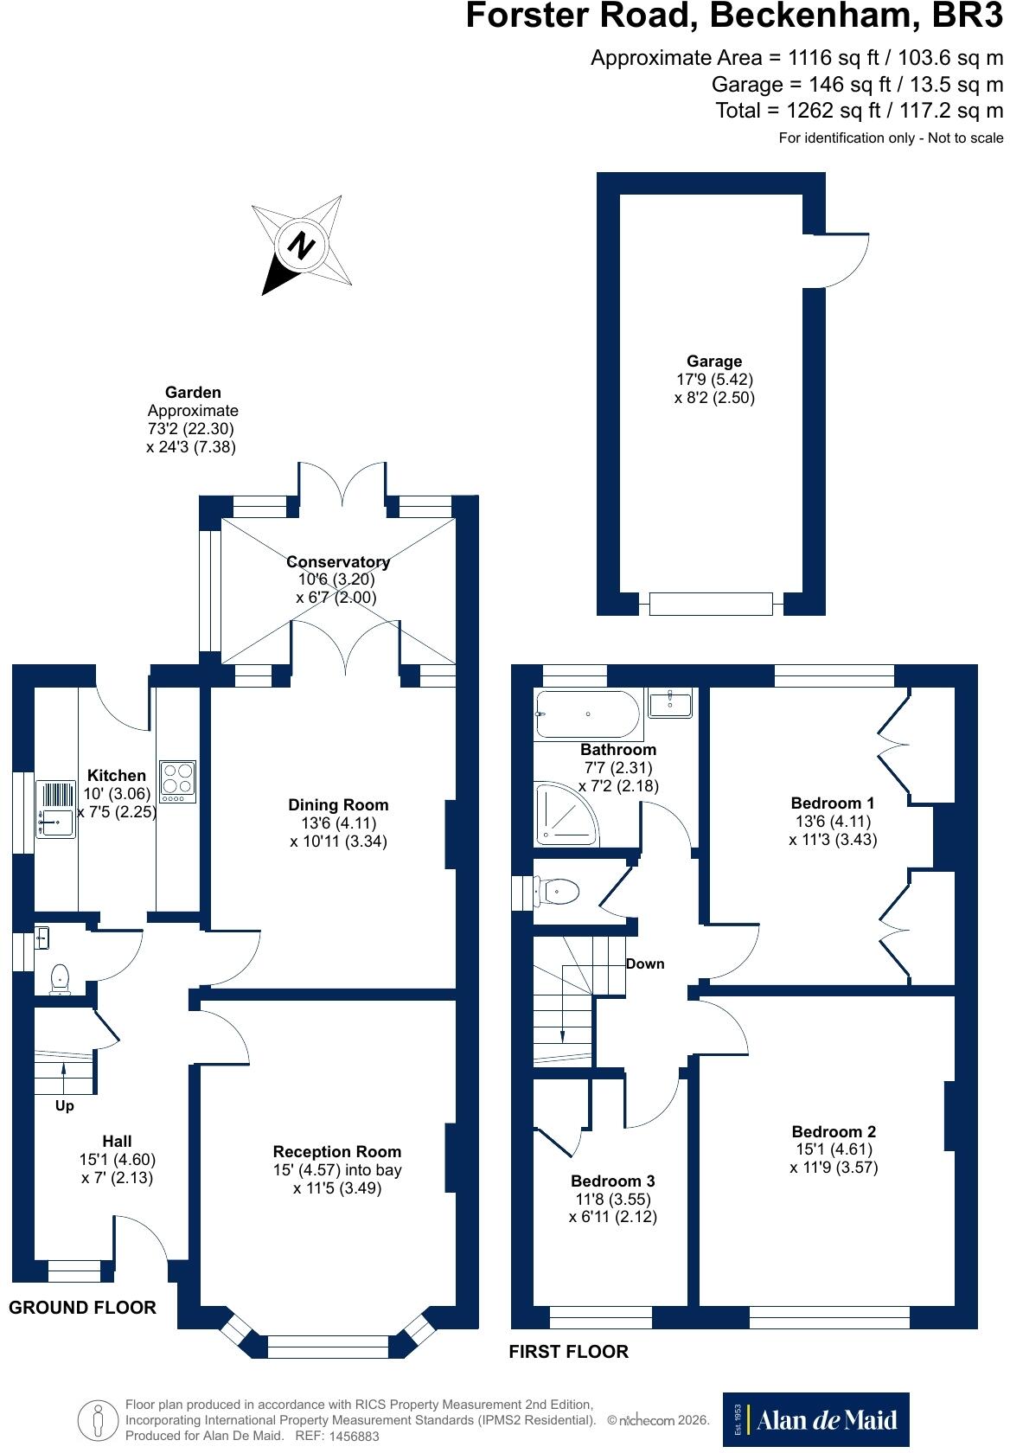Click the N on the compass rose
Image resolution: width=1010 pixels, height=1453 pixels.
[301, 246]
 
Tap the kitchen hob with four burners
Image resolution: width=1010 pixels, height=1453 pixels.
[178, 781]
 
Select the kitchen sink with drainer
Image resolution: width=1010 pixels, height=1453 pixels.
[55, 809]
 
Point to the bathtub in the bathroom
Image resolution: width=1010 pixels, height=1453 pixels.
[587, 714]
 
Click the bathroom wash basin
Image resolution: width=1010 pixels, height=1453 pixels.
[669, 702]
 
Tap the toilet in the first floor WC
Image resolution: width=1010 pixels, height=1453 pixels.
[557, 891]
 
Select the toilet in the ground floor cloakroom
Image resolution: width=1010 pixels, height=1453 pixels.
[60, 979]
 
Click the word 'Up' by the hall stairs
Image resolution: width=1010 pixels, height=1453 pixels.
[64, 1105]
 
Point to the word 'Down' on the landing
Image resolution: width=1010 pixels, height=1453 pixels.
[645, 963]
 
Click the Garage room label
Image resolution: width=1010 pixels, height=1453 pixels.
[714, 361]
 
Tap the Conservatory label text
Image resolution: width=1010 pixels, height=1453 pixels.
[338, 561]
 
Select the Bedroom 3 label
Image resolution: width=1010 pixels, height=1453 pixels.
[612, 1180]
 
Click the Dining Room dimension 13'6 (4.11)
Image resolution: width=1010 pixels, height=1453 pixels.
[339, 823]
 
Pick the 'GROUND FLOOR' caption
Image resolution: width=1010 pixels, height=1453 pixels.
[82, 1307]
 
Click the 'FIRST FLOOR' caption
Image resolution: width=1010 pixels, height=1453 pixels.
[569, 1351]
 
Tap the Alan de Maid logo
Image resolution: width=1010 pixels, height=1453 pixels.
[815, 1419]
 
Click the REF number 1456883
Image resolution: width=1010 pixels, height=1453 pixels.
[354, 1436]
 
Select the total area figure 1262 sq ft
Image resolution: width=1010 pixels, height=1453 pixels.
[833, 111]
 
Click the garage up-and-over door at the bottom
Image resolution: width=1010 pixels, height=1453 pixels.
[711, 604]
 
